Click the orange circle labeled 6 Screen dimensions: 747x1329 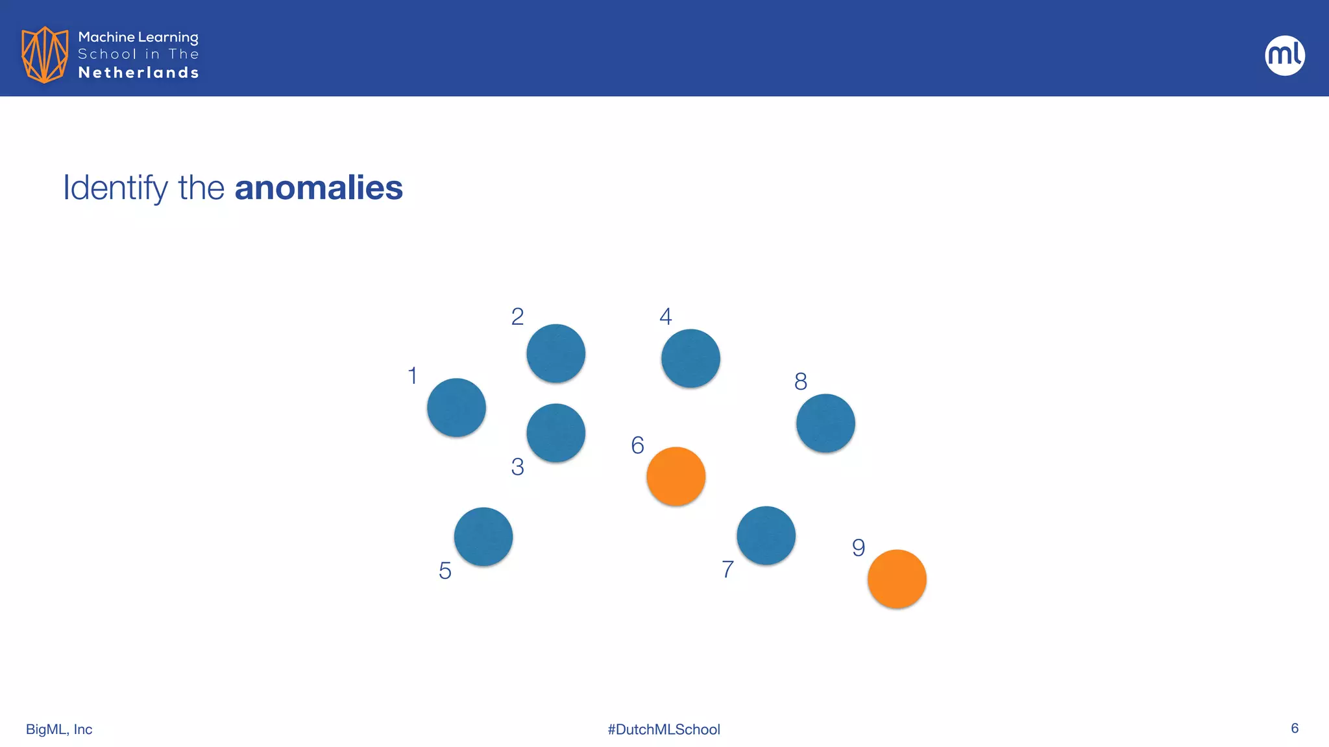click(x=676, y=476)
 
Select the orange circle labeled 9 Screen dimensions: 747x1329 click(x=897, y=578)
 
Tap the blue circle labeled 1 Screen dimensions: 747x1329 click(x=456, y=407)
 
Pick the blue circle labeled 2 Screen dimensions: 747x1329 click(x=555, y=353)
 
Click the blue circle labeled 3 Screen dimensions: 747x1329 click(x=555, y=433)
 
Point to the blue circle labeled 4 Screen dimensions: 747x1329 click(x=690, y=358)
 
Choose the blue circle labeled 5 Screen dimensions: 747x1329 click(x=483, y=536)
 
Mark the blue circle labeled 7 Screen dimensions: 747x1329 click(x=766, y=535)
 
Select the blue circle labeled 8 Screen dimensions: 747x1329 click(x=825, y=423)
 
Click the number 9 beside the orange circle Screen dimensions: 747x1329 click(x=859, y=548)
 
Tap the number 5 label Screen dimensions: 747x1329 click(x=445, y=571)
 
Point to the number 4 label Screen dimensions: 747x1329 click(x=665, y=316)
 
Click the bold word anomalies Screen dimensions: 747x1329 click(x=319, y=188)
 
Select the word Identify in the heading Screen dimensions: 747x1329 click(x=116, y=188)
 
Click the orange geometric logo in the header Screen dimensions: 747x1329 click(x=44, y=54)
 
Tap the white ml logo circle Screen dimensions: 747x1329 click(x=1285, y=55)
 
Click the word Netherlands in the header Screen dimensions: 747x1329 click(x=138, y=73)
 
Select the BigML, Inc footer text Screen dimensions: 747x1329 click(x=59, y=729)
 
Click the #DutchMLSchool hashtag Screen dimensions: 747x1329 click(x=664, y=729)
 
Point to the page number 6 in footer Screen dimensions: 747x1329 click(x=1295, y=728)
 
